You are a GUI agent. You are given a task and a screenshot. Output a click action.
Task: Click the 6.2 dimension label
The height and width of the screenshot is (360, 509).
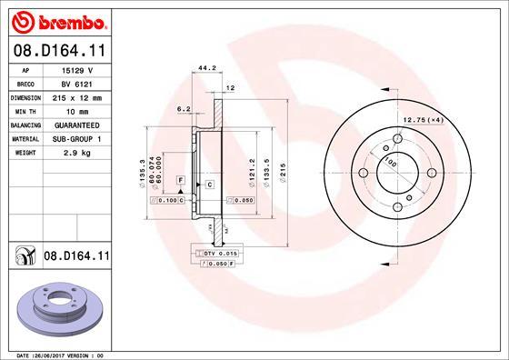[183, 108]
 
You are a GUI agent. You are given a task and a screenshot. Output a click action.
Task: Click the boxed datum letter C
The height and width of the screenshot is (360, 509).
[209, 185]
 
